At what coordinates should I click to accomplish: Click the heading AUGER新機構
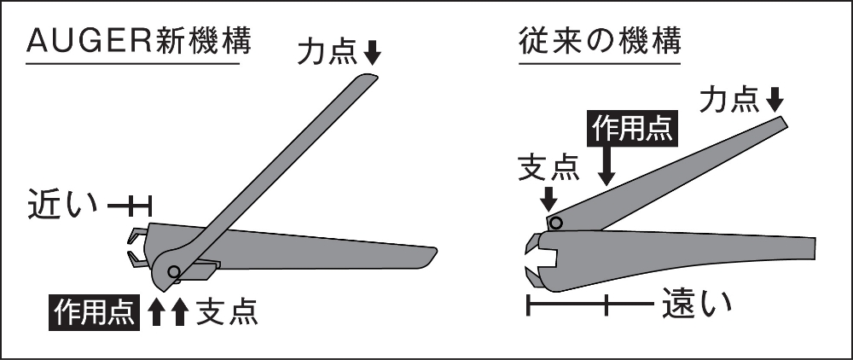tap(139, 41)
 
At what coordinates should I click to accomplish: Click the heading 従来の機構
tap(600, 41)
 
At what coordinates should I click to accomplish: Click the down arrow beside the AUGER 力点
tap(372, 53)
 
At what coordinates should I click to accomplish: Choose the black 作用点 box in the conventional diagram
tap(633, 130)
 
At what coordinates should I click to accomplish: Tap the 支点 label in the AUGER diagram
tap(226, 312)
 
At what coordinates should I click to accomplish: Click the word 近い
tap(62, 205)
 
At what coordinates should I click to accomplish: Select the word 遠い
tap(698, 304)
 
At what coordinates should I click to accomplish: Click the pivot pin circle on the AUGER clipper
tap(173, 270)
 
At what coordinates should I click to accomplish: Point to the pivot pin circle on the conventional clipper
tap(555, 223)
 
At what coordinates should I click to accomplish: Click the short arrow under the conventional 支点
tap(549, 199)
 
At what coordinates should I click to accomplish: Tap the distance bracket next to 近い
tap(130, 206)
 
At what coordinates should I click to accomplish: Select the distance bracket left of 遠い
tap(589, 304)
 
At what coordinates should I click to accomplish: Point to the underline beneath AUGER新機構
tap(133, 64)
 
